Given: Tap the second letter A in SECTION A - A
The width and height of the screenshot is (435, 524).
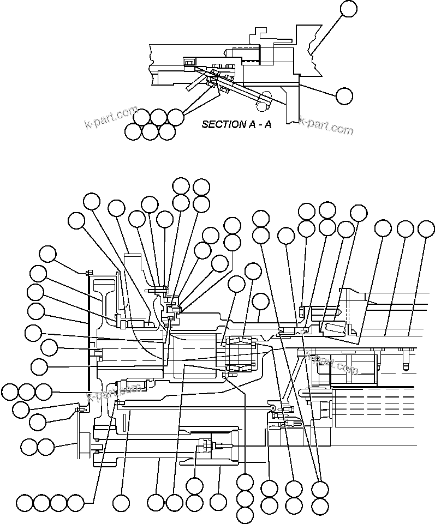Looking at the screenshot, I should pos(267,124).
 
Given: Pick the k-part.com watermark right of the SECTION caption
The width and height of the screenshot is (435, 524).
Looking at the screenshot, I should pos(326,126).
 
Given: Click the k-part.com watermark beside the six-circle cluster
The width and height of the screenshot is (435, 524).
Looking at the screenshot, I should pos(111,117).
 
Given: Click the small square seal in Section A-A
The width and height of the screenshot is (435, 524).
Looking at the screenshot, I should pos(189,64).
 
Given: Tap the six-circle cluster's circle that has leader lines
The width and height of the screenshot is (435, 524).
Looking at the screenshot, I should pos(175,116).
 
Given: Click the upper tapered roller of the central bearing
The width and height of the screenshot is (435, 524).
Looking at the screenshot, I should pos(239,343).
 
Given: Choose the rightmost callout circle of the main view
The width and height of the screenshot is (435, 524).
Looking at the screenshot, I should pos(426,229).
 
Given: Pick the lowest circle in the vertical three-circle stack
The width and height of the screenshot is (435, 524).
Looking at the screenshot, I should pos(245,514).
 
